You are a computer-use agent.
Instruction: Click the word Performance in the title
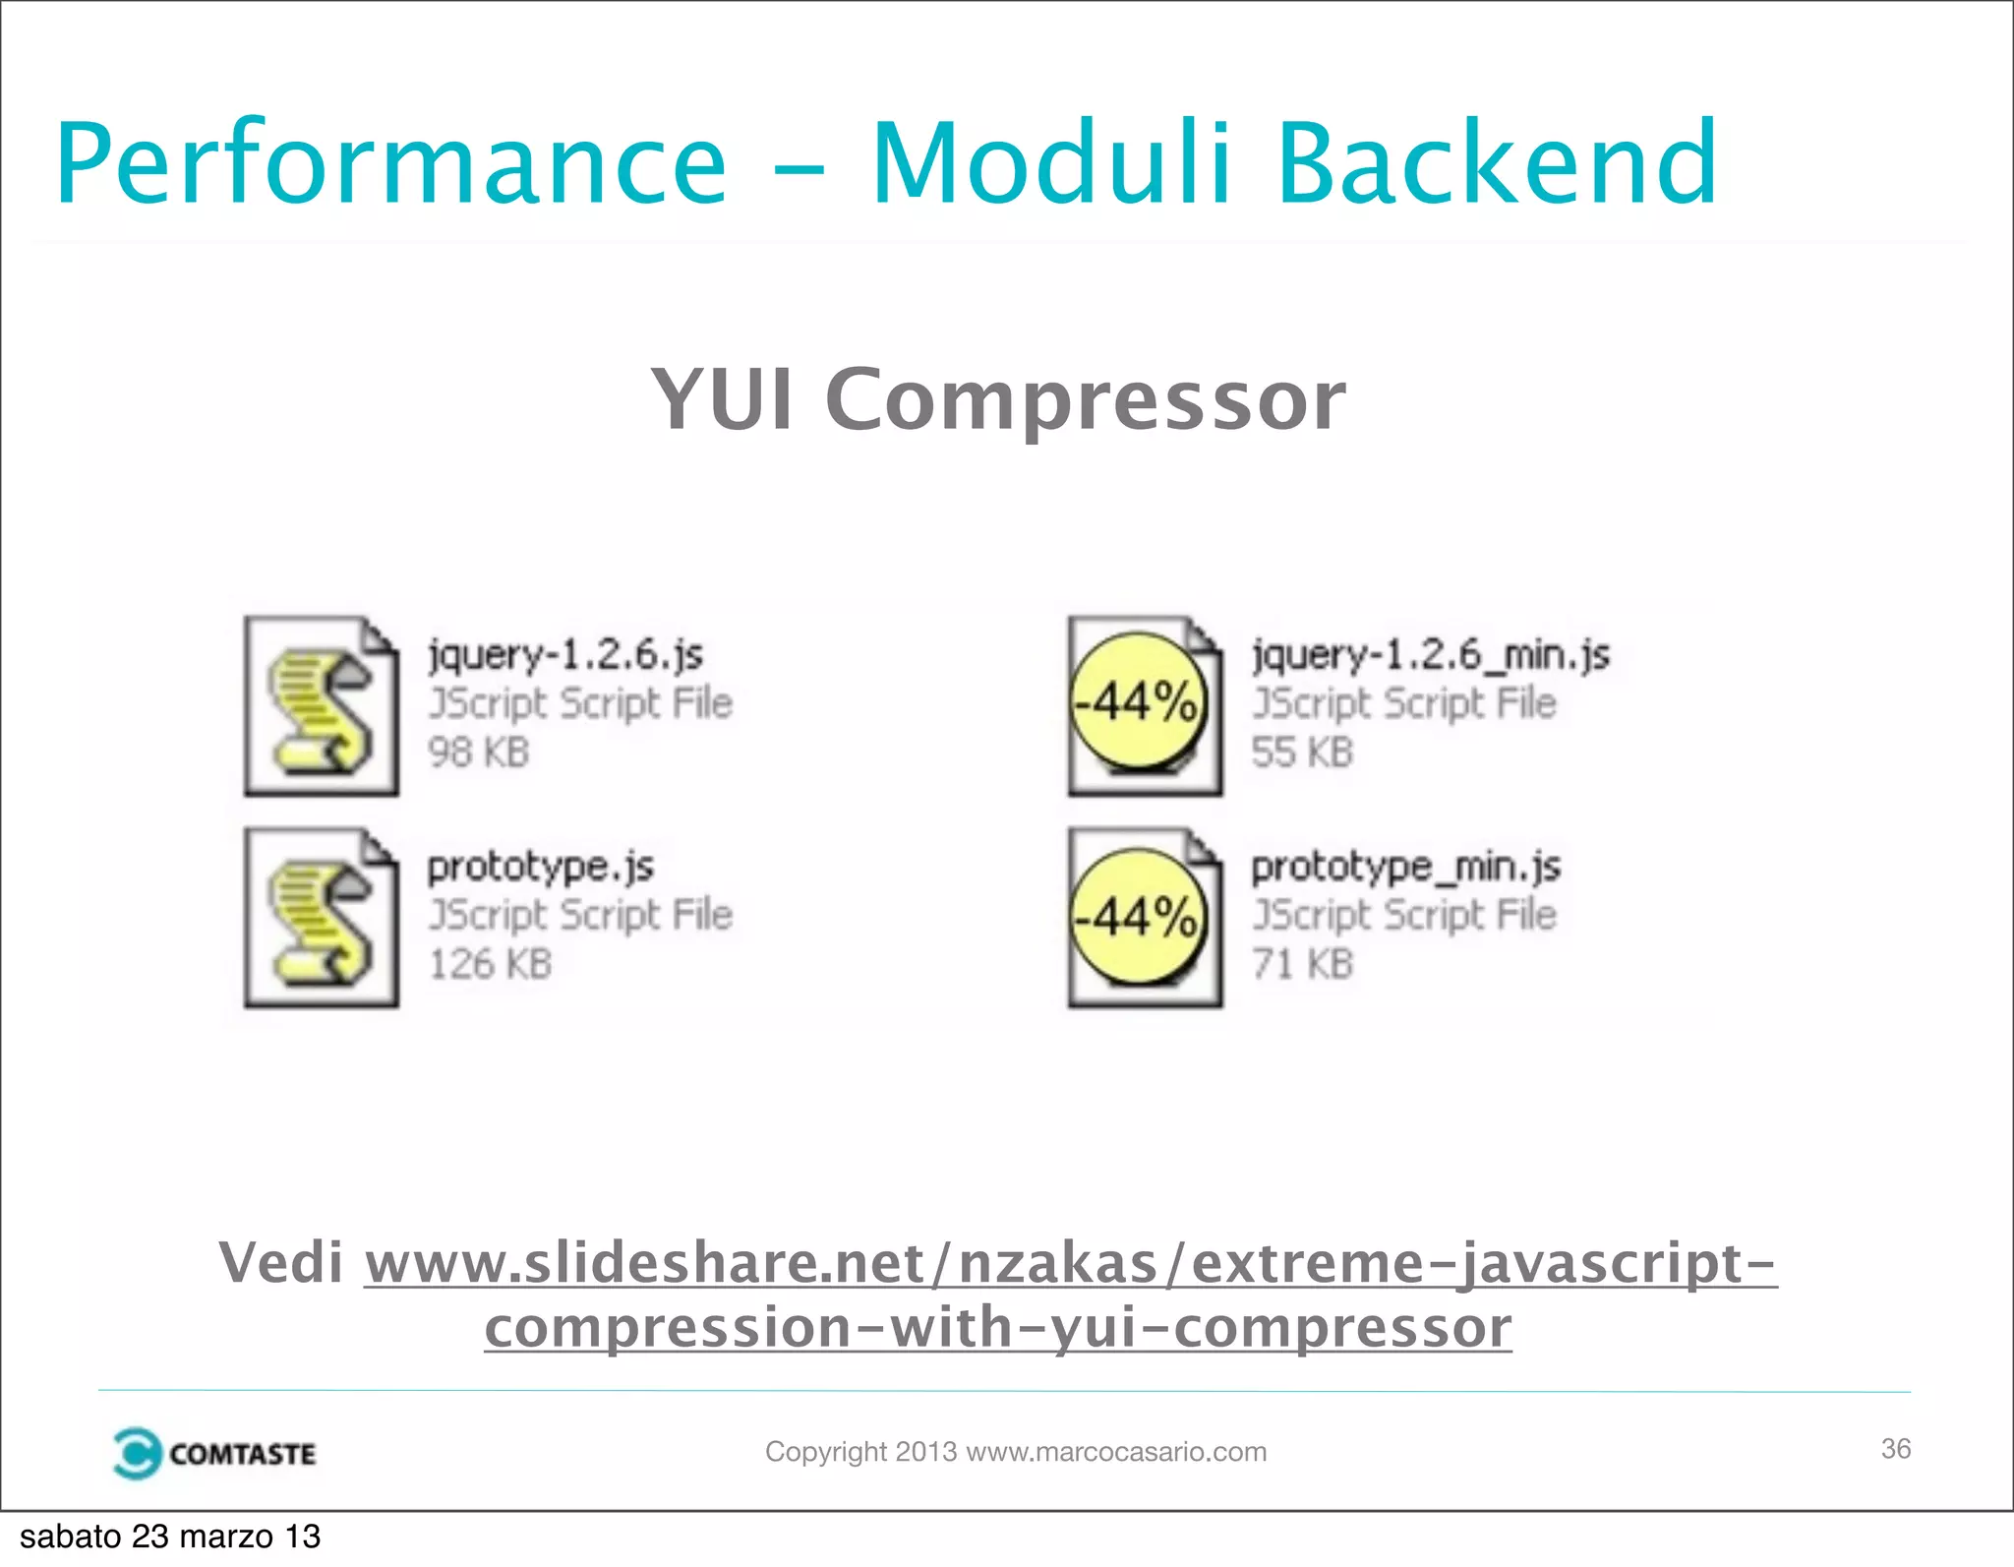pyautogui.click(x=390, y=163)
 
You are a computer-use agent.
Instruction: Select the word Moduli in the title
pyautogui.click(x=1050, y=163)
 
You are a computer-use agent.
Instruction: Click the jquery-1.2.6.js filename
pyautogui.click(x=565, y=654)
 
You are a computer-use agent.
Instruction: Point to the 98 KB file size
pyautogui.click(x=479, y=753)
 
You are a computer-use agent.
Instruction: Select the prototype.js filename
pyautogui.click(x=540, y=867)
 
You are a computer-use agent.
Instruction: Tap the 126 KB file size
pyautogui.click(x=490, y=964)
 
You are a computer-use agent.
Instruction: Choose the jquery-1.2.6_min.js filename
pyautogui.click(x=1430, y=654)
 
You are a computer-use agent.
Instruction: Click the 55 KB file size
pyautogui.click(x=1302, y=753)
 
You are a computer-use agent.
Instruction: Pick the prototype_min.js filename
pyautogui.click(x=1405, y=867)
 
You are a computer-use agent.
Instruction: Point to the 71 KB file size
pyautogui.click(x=1302, y=964)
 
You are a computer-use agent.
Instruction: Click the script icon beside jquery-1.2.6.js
pyautogui.click(x=322, y=705)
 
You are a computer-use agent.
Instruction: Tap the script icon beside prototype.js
pyautogui.click(x=322, y=918)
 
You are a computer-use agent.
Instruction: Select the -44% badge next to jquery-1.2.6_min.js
pyautogui.click(x=1138, y=701)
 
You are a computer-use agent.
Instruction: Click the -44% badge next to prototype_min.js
pyautogui.click(x=1138, y=917)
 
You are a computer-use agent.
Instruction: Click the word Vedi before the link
pyautogui.click(x=280, y=1262)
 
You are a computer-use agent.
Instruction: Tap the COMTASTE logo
pyautogui.click(x=214, y=1453)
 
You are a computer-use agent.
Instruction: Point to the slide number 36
pyautogui.click(x=1895, y=1448)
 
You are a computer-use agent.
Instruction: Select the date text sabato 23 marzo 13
pyautogui.click(x=170, y=1537)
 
